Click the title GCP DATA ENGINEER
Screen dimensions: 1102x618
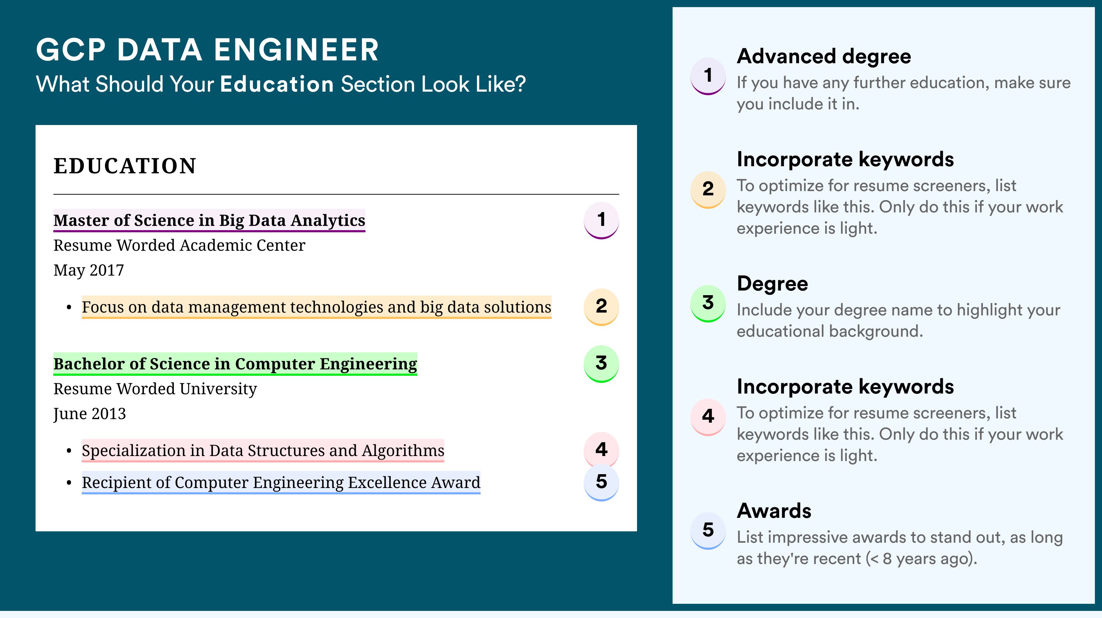(x=208, y=50)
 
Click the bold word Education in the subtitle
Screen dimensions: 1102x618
(x=277, y=84)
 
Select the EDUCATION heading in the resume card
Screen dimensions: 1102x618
(x=124, y=166)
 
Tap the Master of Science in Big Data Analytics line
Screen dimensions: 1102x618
(x=209, y=220)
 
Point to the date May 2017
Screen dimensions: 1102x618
(x=89, y=270)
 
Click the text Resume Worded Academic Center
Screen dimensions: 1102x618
(x=179, y=245)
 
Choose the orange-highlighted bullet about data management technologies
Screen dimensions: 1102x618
(x=317, y=307)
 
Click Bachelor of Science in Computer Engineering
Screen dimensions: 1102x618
(x=235, y=364)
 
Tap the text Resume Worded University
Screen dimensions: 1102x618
(x=155, y=389)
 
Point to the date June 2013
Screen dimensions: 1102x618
(x=90, y=414)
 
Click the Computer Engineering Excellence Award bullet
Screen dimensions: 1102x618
(x=281, y=483)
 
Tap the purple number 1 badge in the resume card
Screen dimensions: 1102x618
(x=601, y=220)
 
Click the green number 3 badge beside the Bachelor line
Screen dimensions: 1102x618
(x=601, y=364)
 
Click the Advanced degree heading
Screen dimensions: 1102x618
(x=824, y=57)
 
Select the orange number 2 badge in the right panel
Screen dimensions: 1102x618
(x=708, y=189)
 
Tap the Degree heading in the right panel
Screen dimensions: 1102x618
(x=772, y=284)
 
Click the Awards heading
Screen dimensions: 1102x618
(x=774, y=511)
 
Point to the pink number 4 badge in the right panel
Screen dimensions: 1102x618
(x=708, y=417)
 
